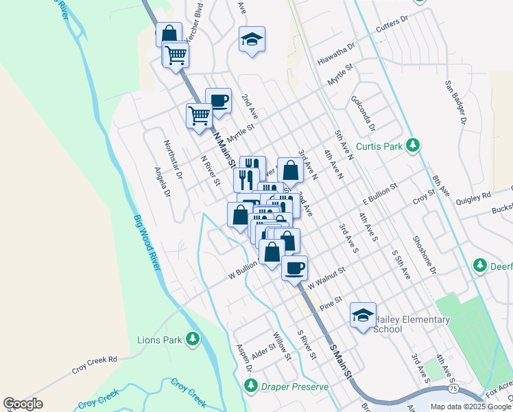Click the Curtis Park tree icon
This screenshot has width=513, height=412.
(413, 145)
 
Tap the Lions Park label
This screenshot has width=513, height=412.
(167, 339)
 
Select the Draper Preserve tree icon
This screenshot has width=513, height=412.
(252, 387)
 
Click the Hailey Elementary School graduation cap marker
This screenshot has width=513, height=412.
(363, 315)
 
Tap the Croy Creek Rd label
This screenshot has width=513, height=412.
(95, 364)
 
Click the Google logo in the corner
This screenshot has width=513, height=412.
(23, 404)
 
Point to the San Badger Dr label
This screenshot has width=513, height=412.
(455, 102)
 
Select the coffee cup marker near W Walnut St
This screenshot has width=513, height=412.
(295, 268)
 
